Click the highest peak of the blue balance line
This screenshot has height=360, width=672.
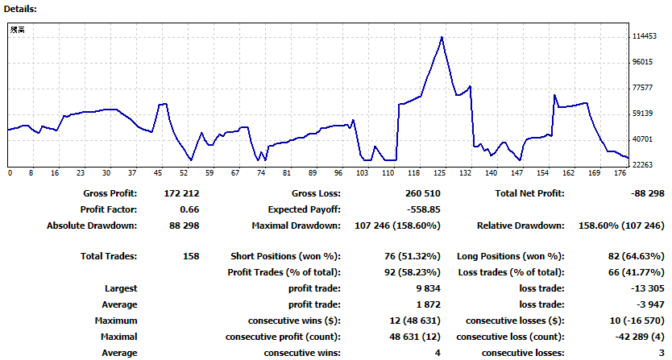pos(442,38)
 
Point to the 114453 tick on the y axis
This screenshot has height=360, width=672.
pos(645,36)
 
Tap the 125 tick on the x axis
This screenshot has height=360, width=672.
pos(440,172)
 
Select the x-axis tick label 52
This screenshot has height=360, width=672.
pos(184,172)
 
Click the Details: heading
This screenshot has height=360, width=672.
pos(20,9)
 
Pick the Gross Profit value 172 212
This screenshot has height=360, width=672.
pos(181,193)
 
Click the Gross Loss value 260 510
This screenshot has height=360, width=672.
pos(422,193)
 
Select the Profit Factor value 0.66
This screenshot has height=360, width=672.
pos(189,209)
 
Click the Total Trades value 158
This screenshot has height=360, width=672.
pos(191,256)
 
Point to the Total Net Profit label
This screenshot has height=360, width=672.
pos(529,193)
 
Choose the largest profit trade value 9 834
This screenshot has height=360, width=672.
pos(428,288)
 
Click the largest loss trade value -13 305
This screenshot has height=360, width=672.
pos(647,288)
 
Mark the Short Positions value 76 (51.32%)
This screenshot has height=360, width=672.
pos(413,256)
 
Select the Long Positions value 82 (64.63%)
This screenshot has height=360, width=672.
pos(636,256)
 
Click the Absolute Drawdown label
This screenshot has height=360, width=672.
pos(92,226)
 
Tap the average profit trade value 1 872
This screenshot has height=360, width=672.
pos(428,304)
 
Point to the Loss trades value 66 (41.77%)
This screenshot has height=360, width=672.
pos(636,272)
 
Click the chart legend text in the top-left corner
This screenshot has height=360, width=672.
pos(18,30)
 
